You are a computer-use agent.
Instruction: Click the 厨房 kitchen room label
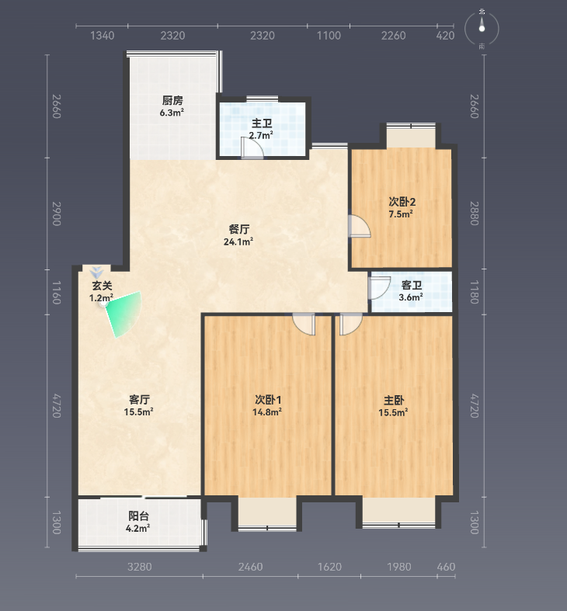click(x=172, y=100)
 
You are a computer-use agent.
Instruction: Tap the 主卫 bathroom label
click(x=262, y=123)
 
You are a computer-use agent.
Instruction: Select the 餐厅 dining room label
click(x=239, y=229)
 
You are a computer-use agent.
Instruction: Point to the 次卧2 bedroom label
click(x=402, y=202)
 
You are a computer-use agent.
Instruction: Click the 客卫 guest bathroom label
click(x=412, y=285)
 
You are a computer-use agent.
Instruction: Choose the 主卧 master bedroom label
click(x=394, y=400)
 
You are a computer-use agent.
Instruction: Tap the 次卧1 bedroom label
click(x=268, y=400)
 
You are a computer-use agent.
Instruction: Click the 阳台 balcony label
click(x=138, y=516)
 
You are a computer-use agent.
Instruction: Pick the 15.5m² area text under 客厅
click(x=138, y=412)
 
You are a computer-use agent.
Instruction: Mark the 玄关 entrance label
click(x=102, y=286)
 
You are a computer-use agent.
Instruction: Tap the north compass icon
click(x=482, y=29)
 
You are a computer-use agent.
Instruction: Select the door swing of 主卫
click(x=252, y=150)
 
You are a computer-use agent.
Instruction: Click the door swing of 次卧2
click(x=359, y=226)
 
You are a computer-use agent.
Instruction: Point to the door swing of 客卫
click(x=380, y=288)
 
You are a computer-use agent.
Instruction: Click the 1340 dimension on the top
click(x=103, y=36)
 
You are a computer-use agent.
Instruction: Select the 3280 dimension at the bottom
click(x=140, y=567)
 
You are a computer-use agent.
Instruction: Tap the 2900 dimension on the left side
click(x=57, y=214)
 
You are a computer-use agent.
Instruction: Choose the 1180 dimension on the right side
click(x=474, y=292)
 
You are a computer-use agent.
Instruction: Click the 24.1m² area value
click(x=238, y=241)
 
